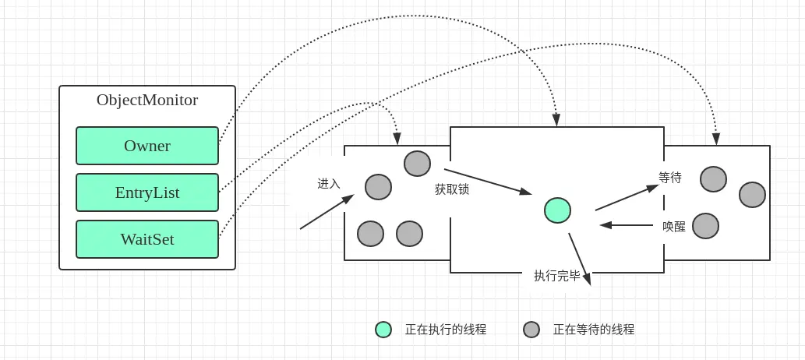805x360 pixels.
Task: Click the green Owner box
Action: pyautogui.click(x=147, y=146)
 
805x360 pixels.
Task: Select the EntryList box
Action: pyautogui.click(x=147, y=192)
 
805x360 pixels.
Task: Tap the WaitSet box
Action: pyautogui.click(x=147, y=239)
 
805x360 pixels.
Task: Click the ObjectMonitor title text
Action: pyautogui.click(x=147, y=101)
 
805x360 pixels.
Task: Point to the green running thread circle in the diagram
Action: pyautogui.click(x=557, y=210)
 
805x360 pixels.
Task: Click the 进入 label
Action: pyautogui.click(x=329, y=184)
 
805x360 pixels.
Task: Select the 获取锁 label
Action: pyautogui.click(x=452, y=189)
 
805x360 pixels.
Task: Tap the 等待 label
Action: pyautogui.click(x=670, y=178)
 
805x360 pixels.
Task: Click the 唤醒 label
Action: pyautogui.click(x=674, y=227)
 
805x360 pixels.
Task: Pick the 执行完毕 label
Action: pyautogui.click(x=557, y=276)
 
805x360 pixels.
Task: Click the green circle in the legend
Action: pyautogui.click(x=383, y=330)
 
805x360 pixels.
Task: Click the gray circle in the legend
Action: pyautogui.click(x=531, y=330)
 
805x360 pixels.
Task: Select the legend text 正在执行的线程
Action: pyautogui.click(x=446, y=330)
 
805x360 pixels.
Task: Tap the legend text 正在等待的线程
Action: pyautogui.click(x=594, y=330)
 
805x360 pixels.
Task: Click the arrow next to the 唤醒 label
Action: pyautogui.click(x=627, y=225)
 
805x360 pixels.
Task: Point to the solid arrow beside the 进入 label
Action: pyautogui.click(x=326, y=212)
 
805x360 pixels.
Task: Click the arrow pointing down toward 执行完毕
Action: pyautogui.click(x=579, y=258)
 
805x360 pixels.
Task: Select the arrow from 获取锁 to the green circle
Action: pyautogui.click(x=487, y=181)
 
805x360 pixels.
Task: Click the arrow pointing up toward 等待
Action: pyautogui.click(x=627, y=198)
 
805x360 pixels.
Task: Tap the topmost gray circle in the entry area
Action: pyautogui.click(x=417, y=164)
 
